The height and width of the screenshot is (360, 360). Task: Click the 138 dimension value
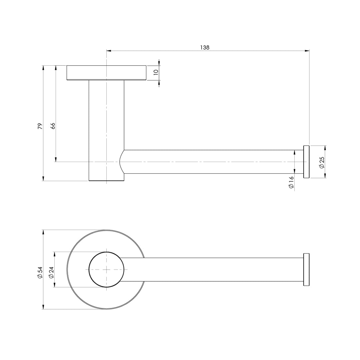[205, 48]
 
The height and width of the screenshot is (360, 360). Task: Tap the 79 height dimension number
[40, 126]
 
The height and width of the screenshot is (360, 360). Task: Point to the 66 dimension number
[53, 126]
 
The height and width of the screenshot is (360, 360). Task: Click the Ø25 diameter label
[322, 163]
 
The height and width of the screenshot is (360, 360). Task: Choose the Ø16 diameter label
[291, 183]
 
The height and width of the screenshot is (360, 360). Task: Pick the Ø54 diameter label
[40, 273]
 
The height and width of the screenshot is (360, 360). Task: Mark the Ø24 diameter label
[51, 273]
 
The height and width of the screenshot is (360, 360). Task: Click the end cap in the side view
[306, 162]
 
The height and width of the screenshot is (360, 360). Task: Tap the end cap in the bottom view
[306, 270]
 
